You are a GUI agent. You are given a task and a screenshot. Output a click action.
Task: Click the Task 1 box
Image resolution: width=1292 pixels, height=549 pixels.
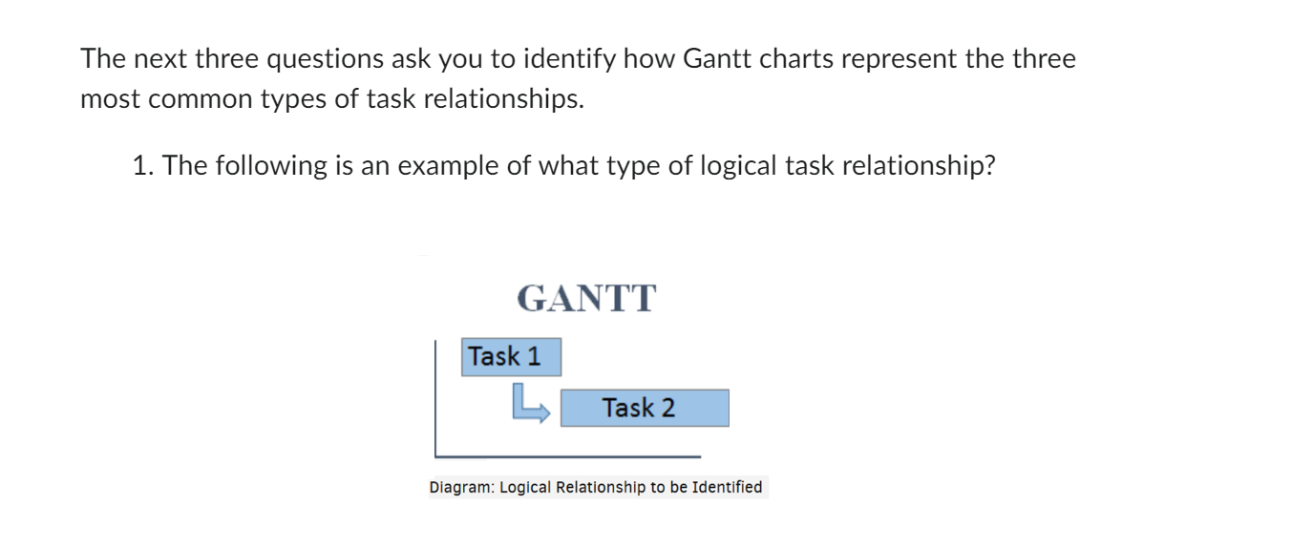511,357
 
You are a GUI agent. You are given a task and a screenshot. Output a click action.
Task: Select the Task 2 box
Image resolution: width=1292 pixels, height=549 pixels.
645,408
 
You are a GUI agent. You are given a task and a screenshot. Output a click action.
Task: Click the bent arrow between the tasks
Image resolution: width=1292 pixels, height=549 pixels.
529,403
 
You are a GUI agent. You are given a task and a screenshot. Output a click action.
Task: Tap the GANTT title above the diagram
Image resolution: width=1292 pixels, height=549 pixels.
586,299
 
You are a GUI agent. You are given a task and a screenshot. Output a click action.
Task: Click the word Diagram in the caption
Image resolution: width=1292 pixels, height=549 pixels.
460,488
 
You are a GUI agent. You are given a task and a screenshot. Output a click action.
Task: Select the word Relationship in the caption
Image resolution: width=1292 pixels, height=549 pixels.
601,488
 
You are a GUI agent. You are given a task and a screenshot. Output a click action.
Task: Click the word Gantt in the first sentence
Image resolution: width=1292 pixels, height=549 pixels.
715,59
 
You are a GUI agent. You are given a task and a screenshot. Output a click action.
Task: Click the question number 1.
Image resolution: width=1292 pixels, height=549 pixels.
142,166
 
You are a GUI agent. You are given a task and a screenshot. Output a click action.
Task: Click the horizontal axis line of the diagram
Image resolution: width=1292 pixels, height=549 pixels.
567,456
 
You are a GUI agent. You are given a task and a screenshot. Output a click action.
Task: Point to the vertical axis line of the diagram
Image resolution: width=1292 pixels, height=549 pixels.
435,396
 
